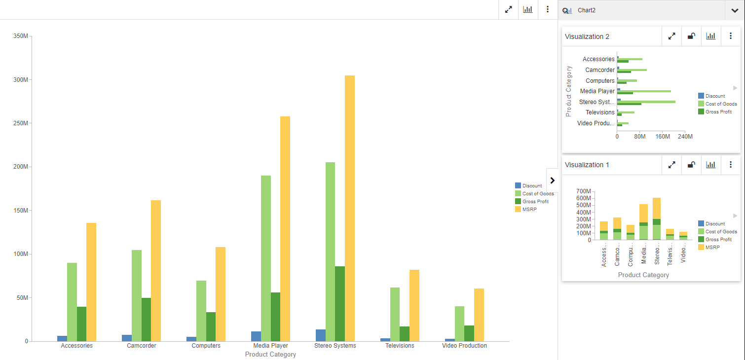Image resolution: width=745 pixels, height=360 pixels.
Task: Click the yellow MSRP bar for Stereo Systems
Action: click(350, 207)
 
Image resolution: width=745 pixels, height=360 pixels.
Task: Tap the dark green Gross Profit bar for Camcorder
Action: click(147, 319)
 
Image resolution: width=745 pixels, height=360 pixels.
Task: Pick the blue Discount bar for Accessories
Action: click(62, 338)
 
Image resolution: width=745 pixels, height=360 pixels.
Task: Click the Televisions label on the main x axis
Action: click(400, 346)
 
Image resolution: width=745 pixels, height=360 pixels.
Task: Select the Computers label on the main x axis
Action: click(206, 346)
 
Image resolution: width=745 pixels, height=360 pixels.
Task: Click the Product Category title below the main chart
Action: click(270, 355)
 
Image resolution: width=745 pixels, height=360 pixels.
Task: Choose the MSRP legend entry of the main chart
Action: click(529, 209)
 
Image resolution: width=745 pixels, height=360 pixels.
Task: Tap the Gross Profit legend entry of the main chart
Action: click(535, 201)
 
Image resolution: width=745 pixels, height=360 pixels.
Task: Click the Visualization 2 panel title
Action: click(587, 36)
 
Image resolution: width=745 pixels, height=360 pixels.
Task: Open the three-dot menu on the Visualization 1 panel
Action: click(731, 165)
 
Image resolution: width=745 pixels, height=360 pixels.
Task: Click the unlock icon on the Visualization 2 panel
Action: click(691, 36)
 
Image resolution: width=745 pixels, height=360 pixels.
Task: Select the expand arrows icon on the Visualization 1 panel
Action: click(671, 165)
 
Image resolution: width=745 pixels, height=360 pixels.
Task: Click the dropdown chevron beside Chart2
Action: click(735, 10)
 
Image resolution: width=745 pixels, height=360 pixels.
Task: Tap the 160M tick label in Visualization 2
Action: click(662, 136)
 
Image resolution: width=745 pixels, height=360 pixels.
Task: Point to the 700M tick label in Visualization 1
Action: click(583, 191)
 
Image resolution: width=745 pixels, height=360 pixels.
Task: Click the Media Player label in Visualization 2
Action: click(597, 91)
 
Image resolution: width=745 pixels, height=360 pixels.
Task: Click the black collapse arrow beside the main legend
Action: click(552, 180)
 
